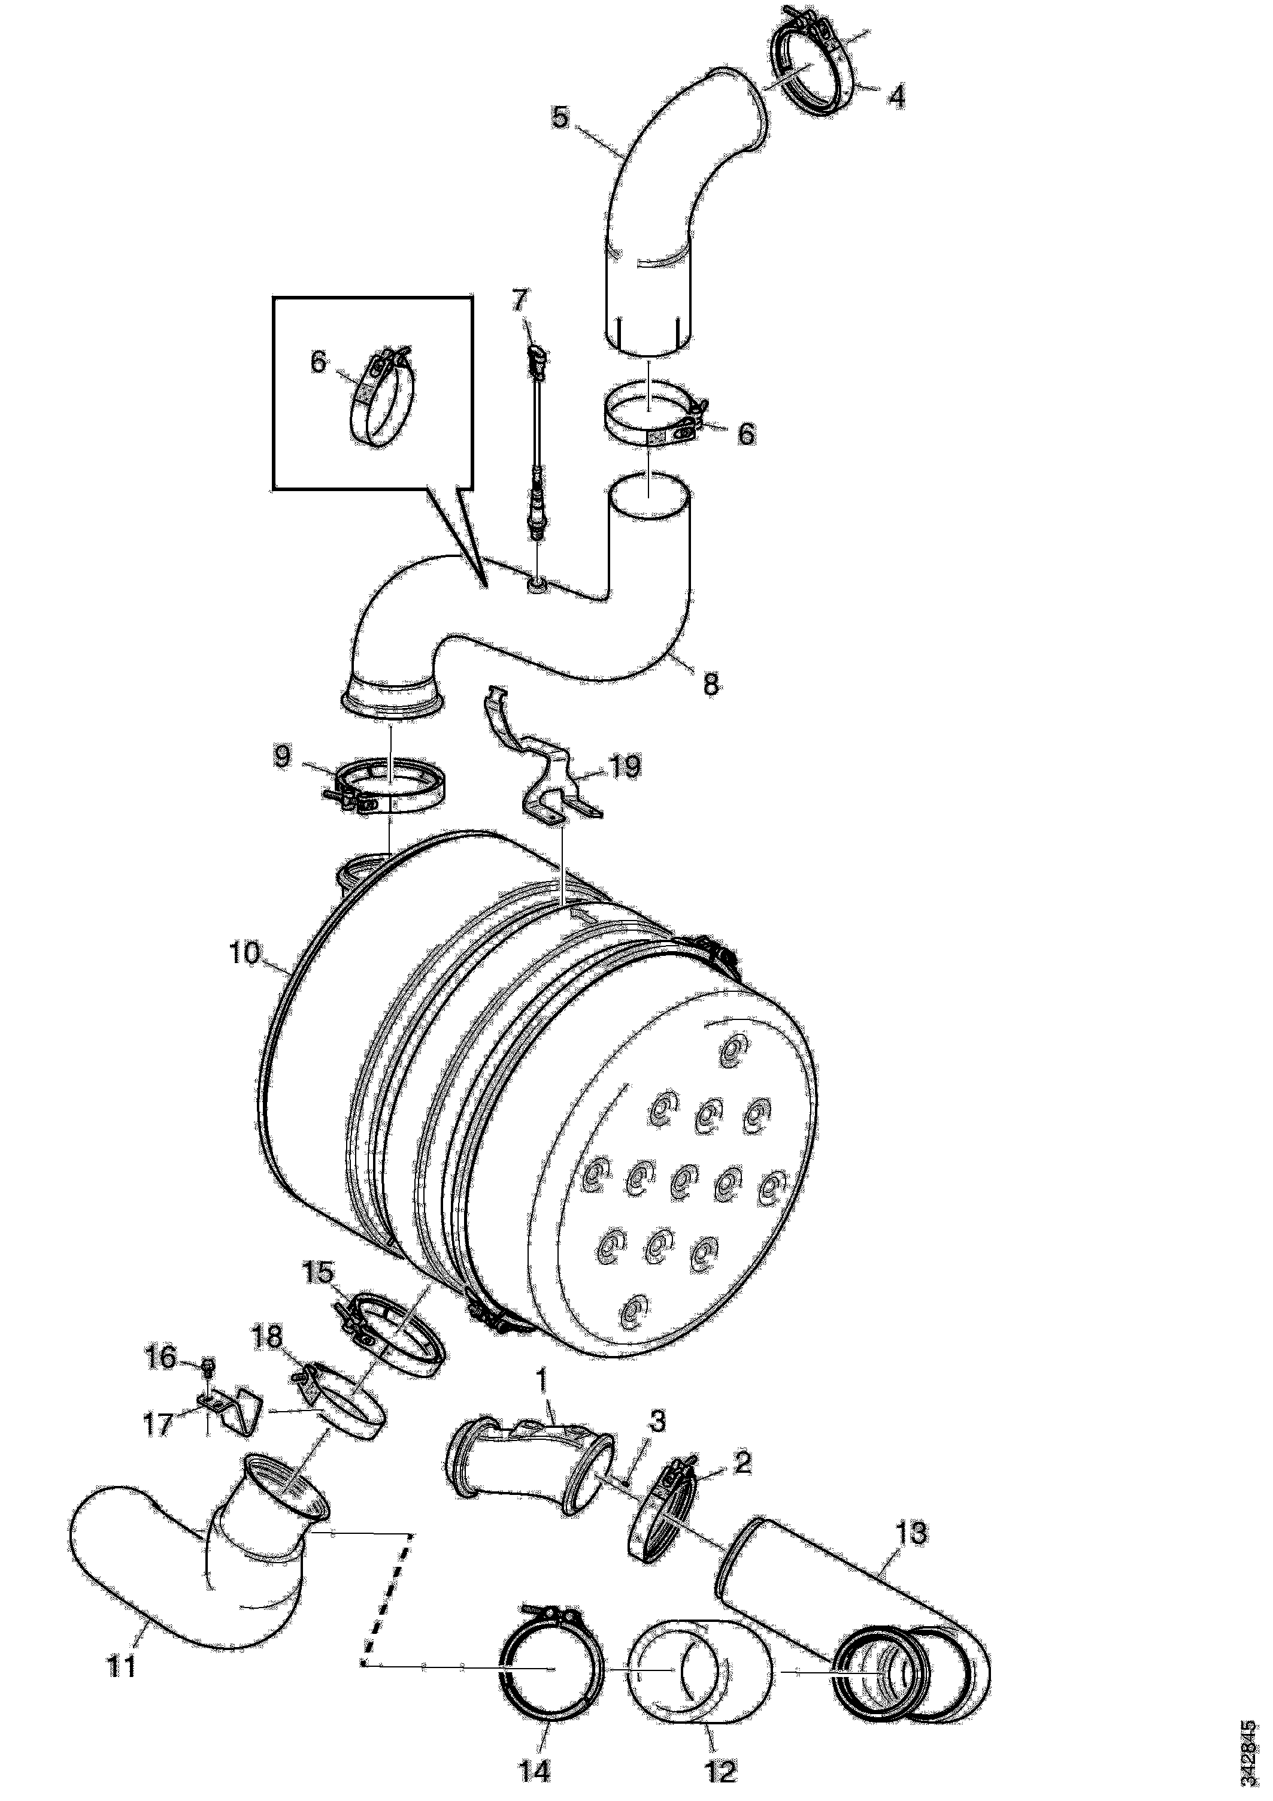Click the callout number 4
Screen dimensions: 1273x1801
point(896,96)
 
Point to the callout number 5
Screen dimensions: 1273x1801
point(560,117)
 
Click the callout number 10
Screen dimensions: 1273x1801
point(245,955)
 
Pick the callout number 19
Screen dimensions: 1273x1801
point(625,767)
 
